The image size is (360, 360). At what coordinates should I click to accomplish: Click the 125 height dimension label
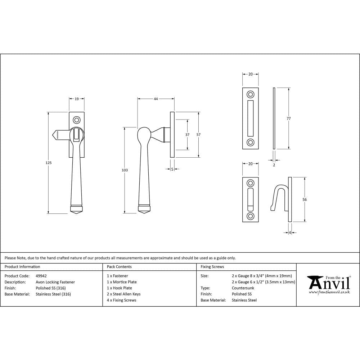coord(49,163)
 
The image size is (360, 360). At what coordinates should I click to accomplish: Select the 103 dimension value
coord(125,170)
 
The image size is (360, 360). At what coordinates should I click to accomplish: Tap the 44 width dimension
coord(156,99)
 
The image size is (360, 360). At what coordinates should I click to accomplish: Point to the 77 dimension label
coord(288,118)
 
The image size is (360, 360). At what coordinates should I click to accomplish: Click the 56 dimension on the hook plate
coord(305,199)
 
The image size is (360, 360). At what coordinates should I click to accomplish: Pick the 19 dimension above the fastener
coord(77,99)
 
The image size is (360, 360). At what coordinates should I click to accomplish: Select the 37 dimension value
coord(188,135)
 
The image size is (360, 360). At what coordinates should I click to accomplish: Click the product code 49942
coord(41,276)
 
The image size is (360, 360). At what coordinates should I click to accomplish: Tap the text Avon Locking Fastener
coord(55,282)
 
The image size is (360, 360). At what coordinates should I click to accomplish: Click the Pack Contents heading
coord(119,267)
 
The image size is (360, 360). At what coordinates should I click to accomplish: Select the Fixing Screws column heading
coord(212,267)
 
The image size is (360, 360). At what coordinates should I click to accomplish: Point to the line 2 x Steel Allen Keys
coord(123,294)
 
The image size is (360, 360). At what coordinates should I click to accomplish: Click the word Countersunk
coord(243,288)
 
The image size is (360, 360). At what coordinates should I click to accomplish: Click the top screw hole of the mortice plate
coord(250,95)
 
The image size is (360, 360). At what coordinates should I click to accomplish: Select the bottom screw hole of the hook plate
coord(250,216)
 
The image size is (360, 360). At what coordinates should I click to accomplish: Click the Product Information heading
coord(22,267)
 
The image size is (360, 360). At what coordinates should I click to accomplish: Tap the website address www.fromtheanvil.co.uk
coord(329,292)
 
